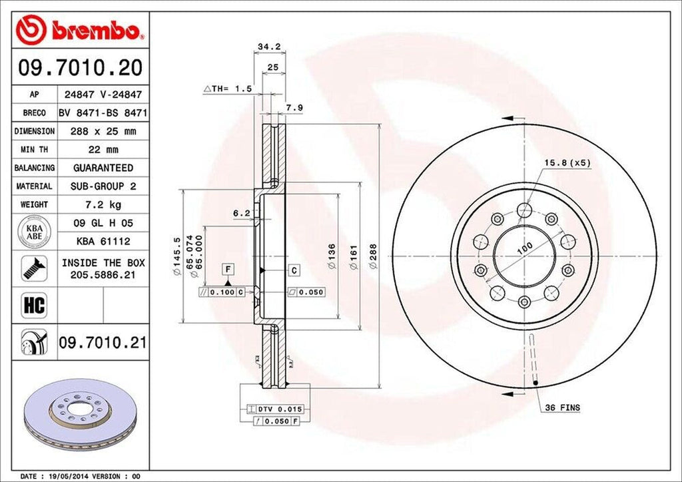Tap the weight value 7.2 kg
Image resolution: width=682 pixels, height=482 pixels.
point(103,204)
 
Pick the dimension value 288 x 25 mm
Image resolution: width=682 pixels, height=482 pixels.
point(103,131)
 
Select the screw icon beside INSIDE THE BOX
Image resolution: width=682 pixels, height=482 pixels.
point(32,268)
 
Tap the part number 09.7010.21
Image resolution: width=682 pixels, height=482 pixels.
point(103,343)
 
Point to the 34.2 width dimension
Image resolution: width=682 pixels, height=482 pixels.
point(268,47)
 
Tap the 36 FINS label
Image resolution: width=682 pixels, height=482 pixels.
point(558,407)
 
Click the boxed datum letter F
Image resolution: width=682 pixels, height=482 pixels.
point(228,269)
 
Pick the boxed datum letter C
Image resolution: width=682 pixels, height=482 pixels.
point(294,270)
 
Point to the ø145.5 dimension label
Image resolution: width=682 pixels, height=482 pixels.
point(176,256)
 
